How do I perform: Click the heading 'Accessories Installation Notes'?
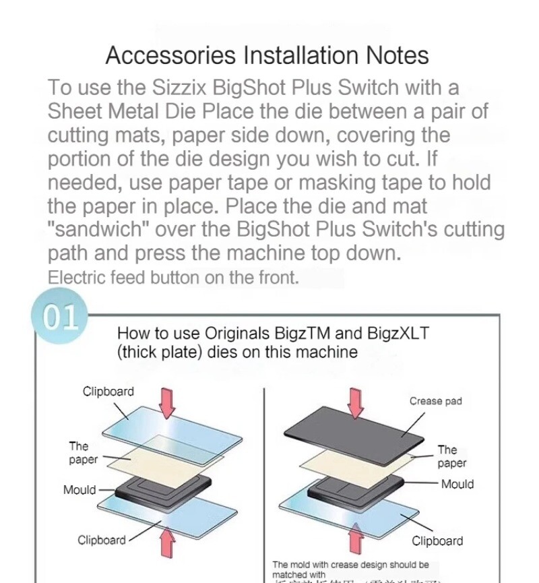(267, 55)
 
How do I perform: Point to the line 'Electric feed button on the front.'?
(172, 277)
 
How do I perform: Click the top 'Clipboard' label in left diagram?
(108, 392)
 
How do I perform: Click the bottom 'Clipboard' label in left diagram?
(102, 540)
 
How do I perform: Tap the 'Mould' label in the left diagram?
(80, 490)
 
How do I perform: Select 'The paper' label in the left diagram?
(79, 453)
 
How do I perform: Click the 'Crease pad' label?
(435, 401)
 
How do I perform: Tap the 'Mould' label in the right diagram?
(457, 484)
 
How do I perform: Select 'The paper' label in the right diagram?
(451, 456)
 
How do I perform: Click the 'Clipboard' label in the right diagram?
(437, 541)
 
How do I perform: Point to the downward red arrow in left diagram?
(167, 402)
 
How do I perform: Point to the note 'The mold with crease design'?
(350, 564)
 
